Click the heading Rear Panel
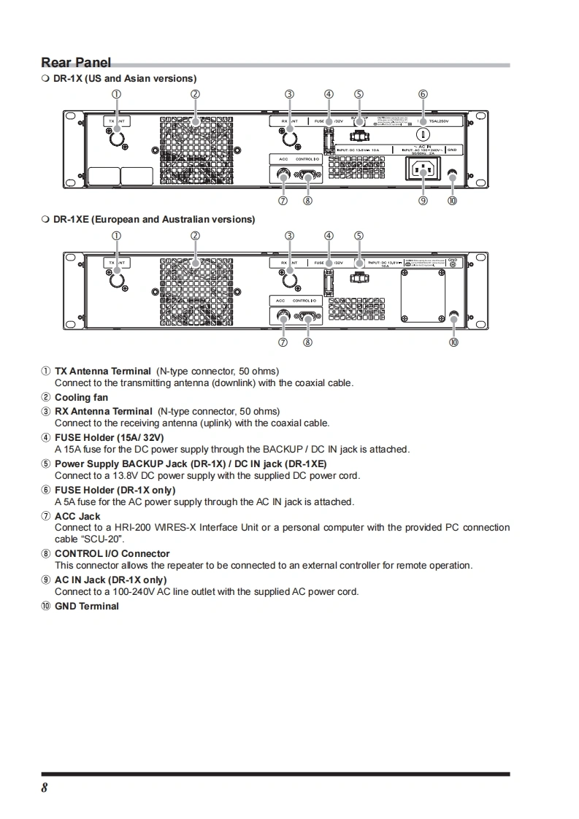coord(76,63)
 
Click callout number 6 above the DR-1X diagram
coord(423,94)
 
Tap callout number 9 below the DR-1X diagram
coord(423,201)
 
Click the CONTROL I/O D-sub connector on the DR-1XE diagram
coord(307,317)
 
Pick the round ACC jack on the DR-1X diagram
coord(283,175)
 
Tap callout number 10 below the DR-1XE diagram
coord(453,342)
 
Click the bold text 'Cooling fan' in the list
coord(81,398)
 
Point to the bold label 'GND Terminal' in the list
coord(86,607)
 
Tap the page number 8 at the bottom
coord(45,788)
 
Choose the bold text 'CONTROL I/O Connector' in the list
coord(112,554)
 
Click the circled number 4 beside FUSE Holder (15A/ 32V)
coord(46,437)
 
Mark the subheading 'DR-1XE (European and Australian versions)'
coord(154,219)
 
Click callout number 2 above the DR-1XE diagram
coord(195,236)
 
